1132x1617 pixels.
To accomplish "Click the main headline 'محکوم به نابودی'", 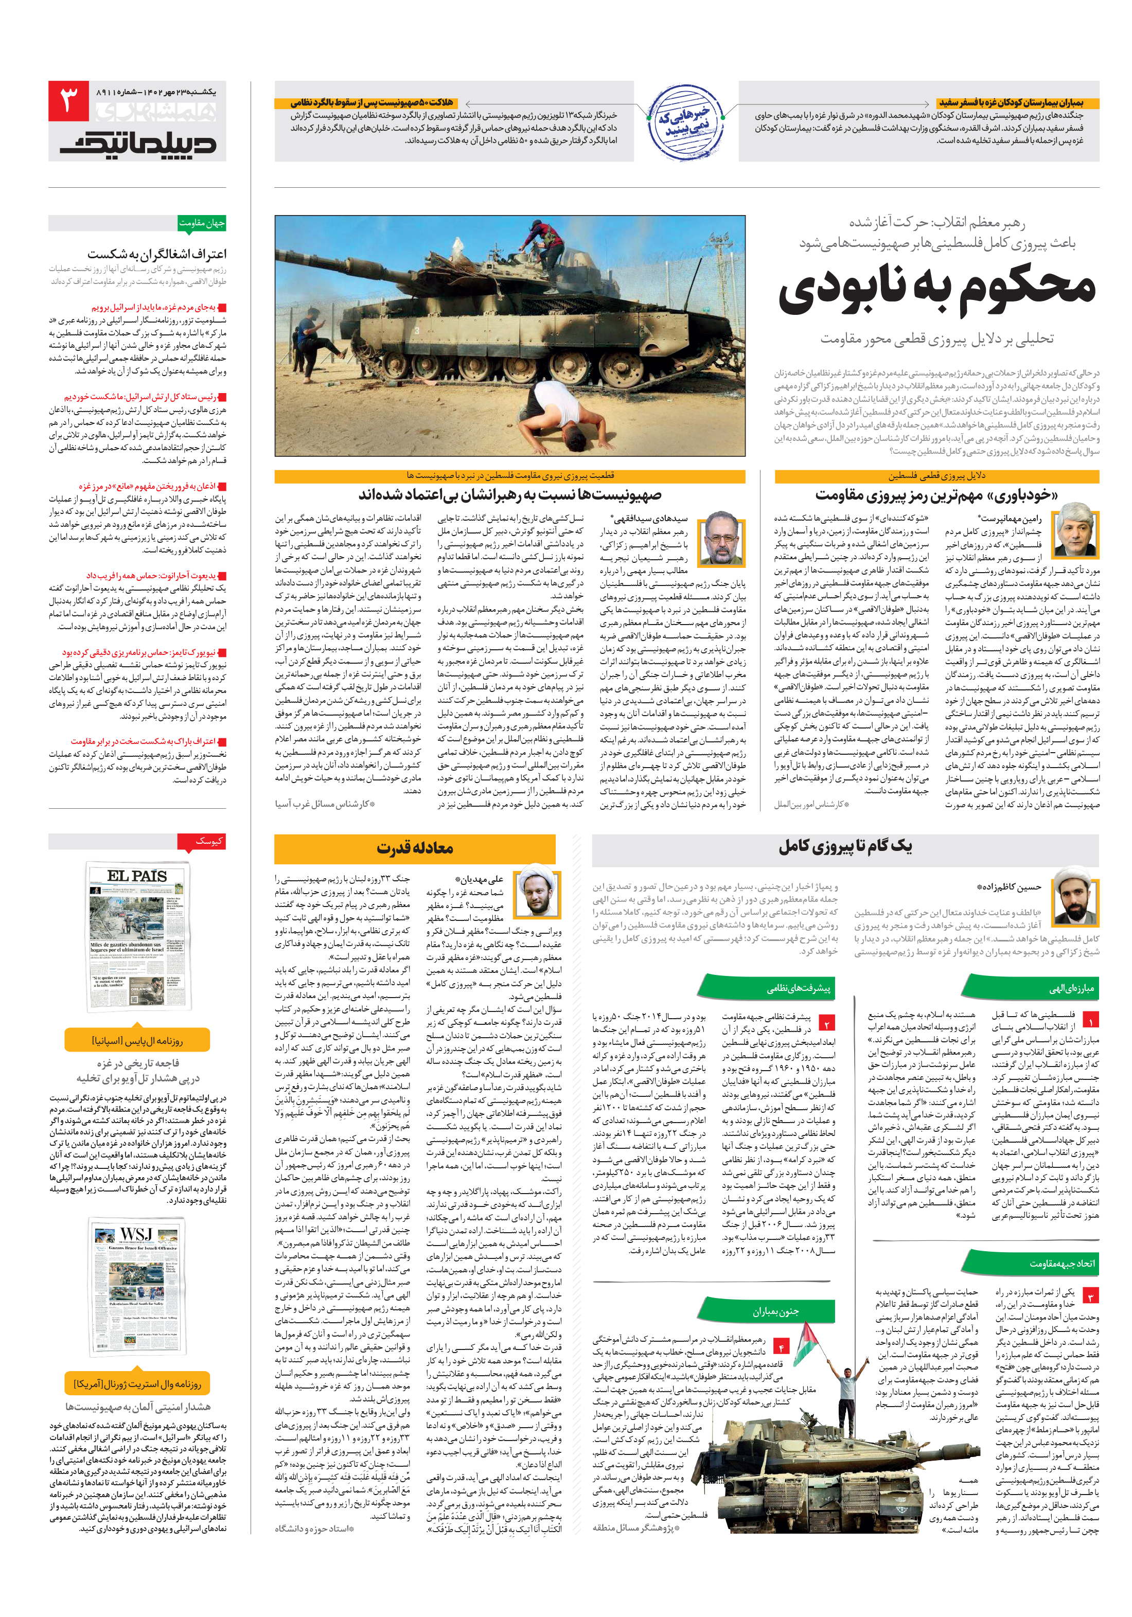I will coord(937,289).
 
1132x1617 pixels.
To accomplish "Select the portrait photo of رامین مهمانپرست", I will coord(1073,529).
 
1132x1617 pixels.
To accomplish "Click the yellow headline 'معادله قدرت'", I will coord(414,848).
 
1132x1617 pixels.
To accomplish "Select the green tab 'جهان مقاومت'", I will coord(202,223).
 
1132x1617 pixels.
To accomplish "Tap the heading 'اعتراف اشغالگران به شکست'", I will coord(157,253).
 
